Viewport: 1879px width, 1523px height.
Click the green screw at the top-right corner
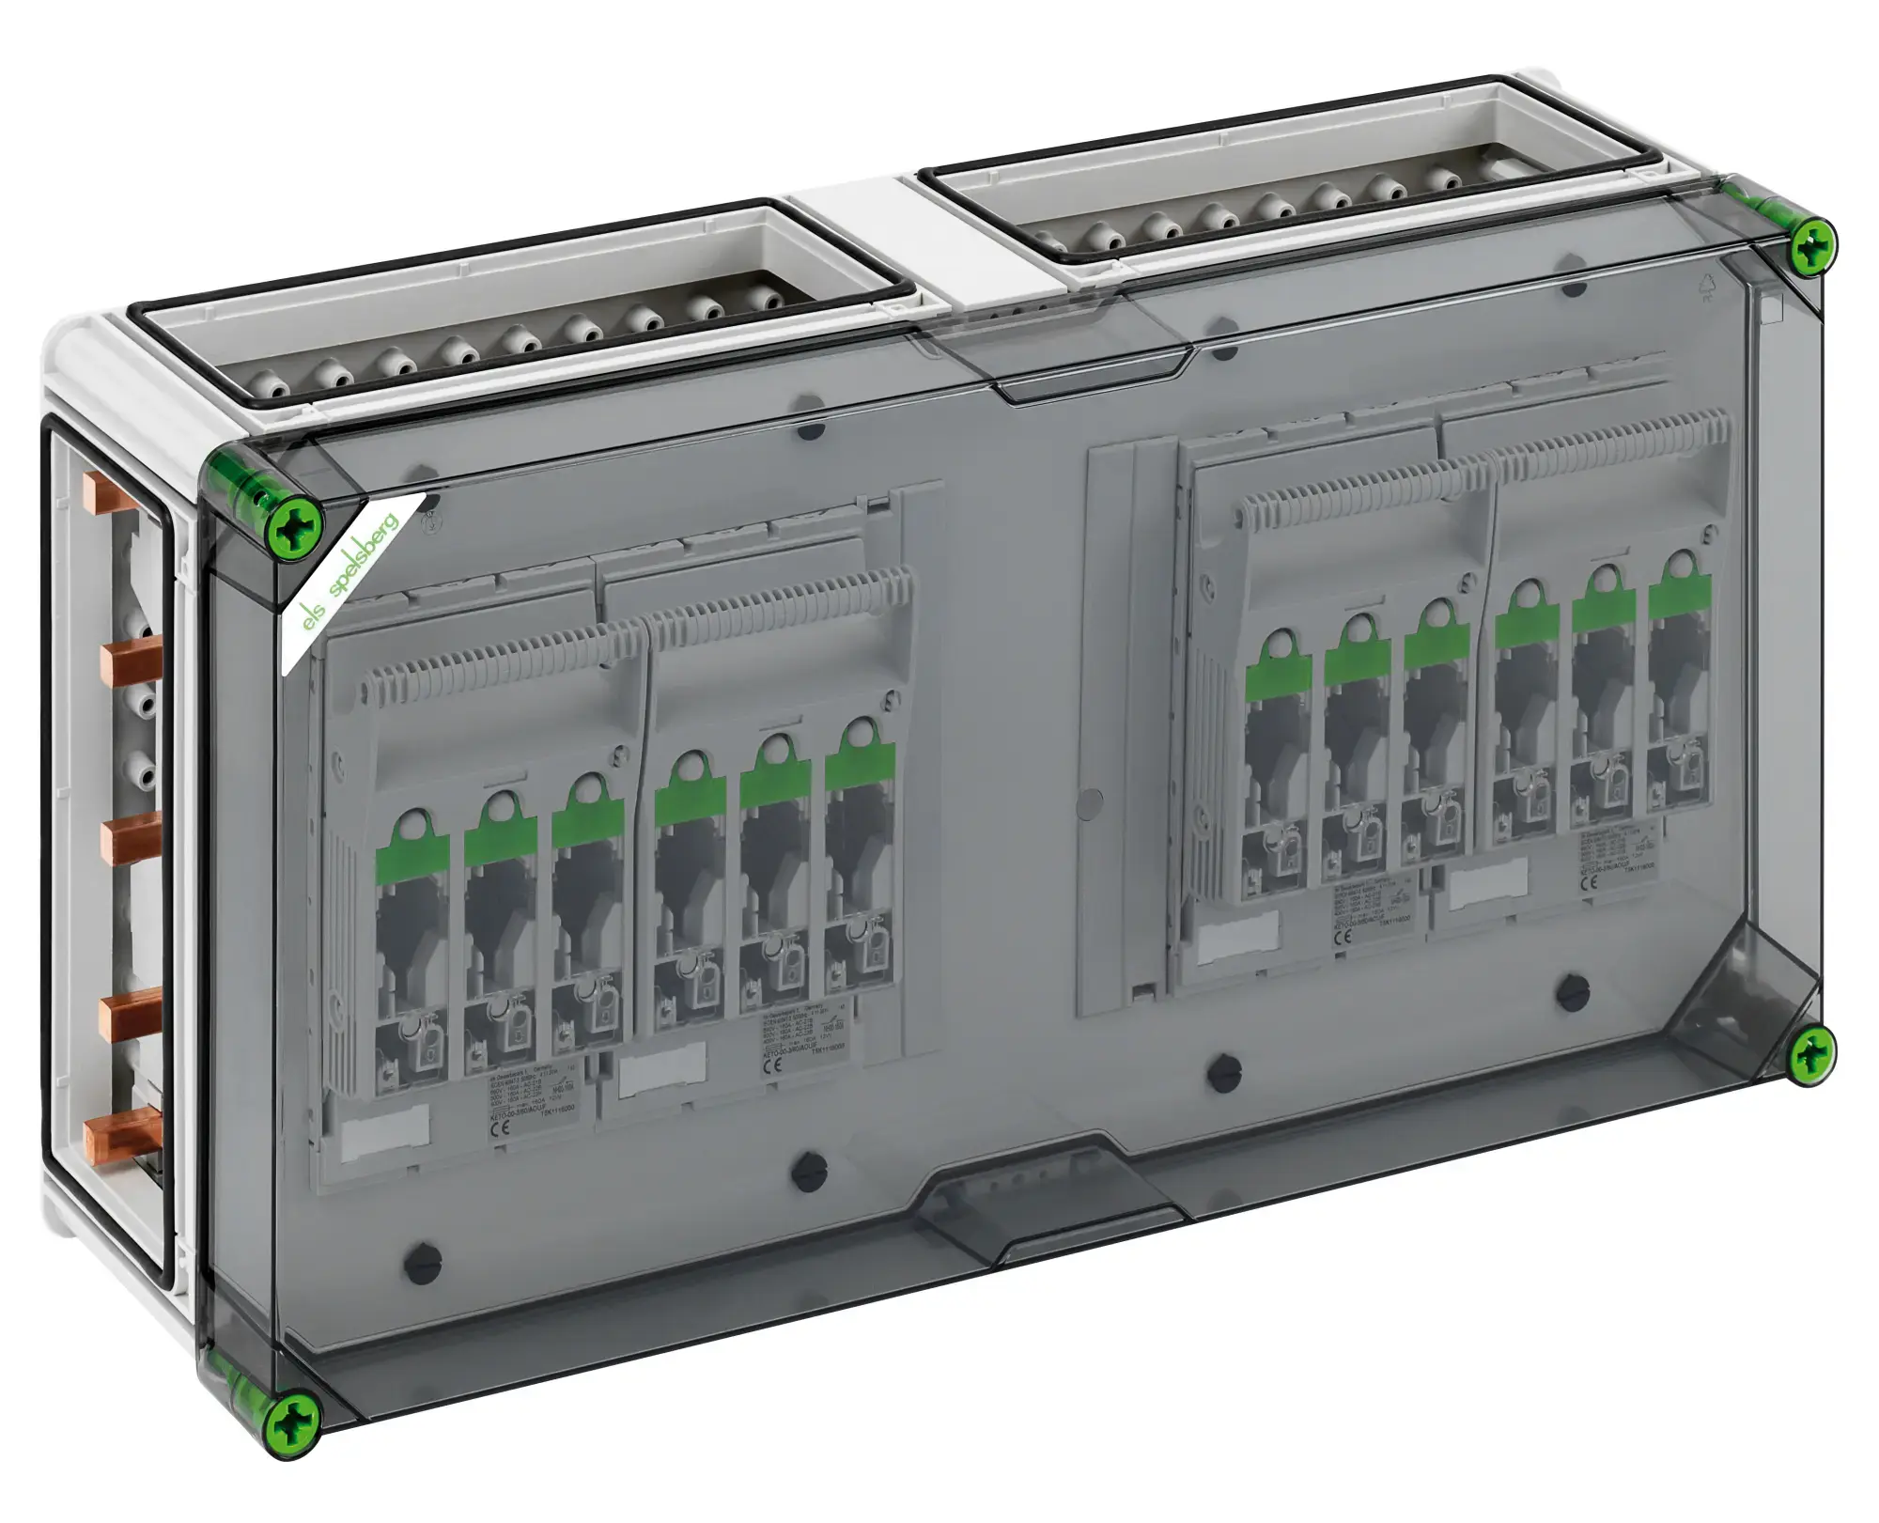pyautogui.click(x=1809, y=247)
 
